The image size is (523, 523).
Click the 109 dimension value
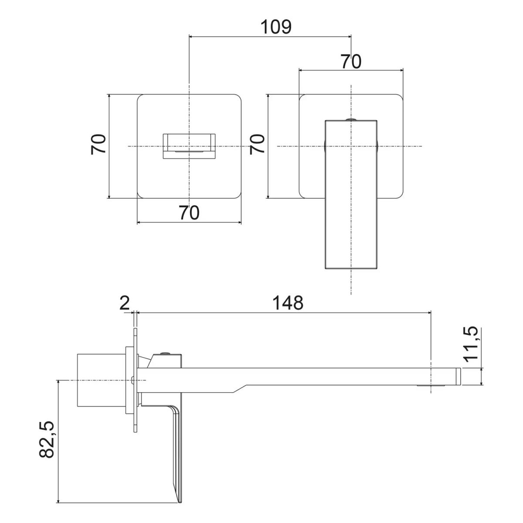[275, 27]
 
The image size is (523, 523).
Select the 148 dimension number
[285, 302]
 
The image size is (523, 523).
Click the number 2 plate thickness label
[125, 303]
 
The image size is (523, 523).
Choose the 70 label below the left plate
[189, 213]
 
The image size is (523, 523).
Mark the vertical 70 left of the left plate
[99, 144]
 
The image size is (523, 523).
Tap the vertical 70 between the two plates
[258, 144]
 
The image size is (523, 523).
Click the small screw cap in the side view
[165, 354]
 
